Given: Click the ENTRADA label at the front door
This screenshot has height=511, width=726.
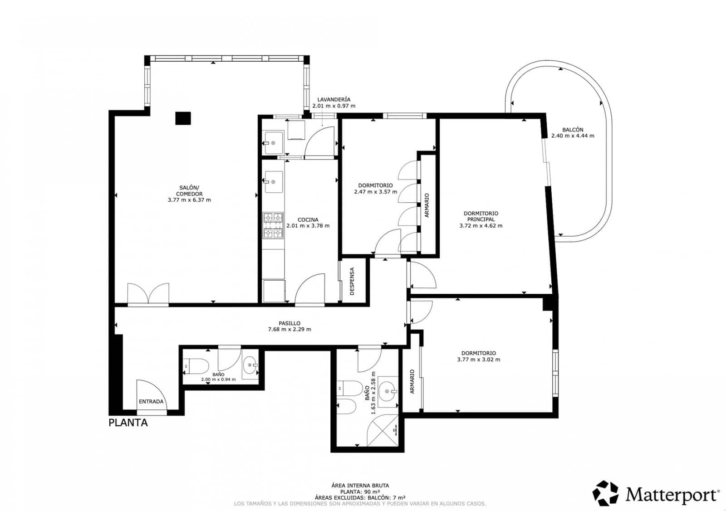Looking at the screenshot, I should click(x=151, y=401).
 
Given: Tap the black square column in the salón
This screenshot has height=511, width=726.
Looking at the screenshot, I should click(x=183, y=118).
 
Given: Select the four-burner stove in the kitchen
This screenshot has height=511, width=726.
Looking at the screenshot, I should click(x=273, y=226).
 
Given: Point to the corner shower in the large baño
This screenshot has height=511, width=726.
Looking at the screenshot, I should click(x=384, y=430).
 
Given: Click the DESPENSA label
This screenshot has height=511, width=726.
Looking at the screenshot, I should click(x=353, y=281).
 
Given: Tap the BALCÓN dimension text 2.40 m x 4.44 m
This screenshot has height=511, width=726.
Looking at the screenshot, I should click(x=573, y=136).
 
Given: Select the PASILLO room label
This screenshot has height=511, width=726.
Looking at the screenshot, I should click(x=289, y=323).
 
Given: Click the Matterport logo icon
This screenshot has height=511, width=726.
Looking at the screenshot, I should click(x=606, y=493).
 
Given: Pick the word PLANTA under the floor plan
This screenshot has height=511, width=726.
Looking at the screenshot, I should click(x=128, y=423).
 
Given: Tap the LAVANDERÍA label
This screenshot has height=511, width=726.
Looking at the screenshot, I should click(x=334, y=99).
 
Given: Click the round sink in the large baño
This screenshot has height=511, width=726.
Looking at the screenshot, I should click(x=387, y=390).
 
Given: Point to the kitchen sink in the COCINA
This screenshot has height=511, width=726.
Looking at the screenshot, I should click(x=273, y=181).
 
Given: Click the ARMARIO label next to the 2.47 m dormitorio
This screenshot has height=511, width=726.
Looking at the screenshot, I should click(x=427, y=205).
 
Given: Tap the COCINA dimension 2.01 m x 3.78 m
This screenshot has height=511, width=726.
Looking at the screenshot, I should click(x=308, y=225).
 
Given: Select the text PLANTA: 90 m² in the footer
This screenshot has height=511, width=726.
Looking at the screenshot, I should click(x=360, y=492).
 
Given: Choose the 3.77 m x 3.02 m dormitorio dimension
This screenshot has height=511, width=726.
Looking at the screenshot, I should click(x=478, y=360).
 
